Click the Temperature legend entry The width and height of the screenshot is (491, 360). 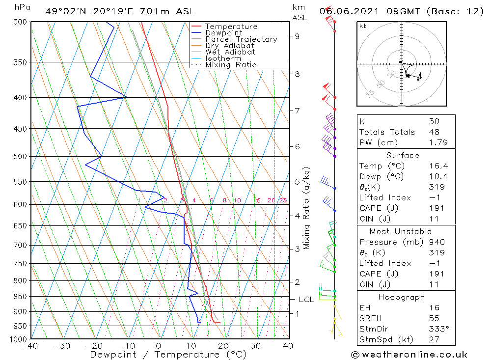tap(231, 27)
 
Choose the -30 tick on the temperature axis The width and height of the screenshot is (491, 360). tap(62, 346)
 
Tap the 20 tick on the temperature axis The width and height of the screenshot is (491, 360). tap(224, 346)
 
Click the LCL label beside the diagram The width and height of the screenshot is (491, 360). tap(306, 300)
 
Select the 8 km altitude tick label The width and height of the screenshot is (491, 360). tap(298, 74)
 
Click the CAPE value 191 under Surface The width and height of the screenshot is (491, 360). tap(435, 208)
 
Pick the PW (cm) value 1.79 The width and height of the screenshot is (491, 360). tap(435, 143)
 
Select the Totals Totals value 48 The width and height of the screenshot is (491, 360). tap(434, 132)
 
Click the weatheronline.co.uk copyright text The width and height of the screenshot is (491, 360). tap(409, 355)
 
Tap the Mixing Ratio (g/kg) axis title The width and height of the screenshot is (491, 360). tap(306, 208)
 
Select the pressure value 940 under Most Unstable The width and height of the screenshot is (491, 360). tap(436, 242)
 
